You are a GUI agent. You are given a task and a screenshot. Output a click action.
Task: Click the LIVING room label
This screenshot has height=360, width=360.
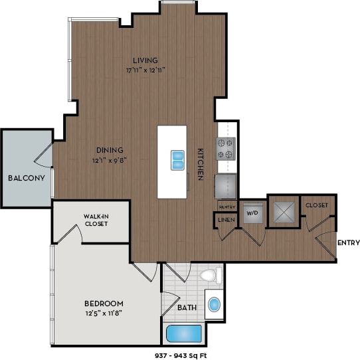coord(145,60)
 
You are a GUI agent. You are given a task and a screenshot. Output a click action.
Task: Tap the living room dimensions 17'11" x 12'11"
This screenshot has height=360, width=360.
coord(145,69)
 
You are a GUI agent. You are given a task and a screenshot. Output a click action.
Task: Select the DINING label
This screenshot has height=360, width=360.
coord(108,150)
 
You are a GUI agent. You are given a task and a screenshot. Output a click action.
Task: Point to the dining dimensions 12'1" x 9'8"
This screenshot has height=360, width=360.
coord(108,159)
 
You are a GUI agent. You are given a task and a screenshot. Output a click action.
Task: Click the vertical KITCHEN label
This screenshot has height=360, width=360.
coord(199,163)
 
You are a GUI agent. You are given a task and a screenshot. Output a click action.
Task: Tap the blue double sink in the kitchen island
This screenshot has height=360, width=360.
coord(177,160)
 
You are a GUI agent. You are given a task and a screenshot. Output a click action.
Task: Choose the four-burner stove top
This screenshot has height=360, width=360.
coord(226,147)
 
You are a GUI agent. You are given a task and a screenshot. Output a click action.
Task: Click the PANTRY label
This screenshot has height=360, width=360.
coord(227,206)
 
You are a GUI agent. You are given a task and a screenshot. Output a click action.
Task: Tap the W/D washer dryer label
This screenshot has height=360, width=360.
coord(252,214)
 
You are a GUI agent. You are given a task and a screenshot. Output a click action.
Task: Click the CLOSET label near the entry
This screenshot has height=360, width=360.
coord(316,205)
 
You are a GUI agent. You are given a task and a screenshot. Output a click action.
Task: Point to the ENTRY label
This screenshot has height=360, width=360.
coord(347,242)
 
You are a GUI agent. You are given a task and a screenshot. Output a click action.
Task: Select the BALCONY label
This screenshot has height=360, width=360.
coord(26,178)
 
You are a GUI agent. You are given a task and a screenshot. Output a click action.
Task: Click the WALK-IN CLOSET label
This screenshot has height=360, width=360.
coord(96,221)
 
